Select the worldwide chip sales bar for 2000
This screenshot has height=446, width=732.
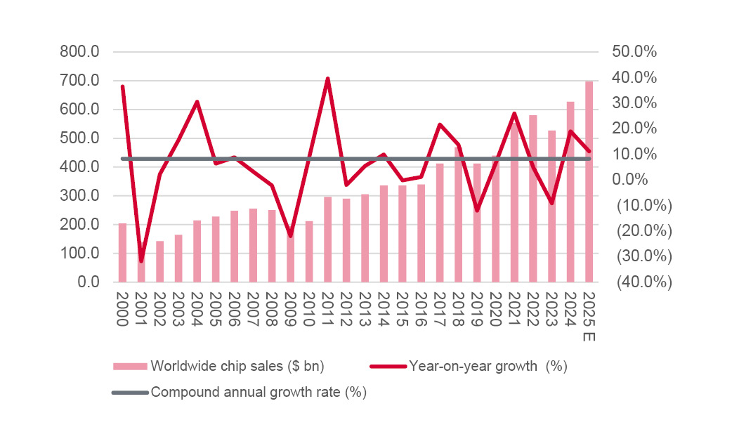[x=123, y=253]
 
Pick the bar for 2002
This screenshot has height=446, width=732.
[x=160, y=261]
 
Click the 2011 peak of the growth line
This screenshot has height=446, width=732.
[x=327, y=79]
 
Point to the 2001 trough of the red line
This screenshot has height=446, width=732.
[x=141, y=261]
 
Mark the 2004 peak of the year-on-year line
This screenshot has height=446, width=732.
[x=197, y=102]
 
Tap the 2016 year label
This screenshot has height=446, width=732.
[x=421, y=309]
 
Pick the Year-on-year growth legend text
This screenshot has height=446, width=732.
[x=488, y=366]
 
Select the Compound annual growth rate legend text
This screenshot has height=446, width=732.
[x=259, y=393]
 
